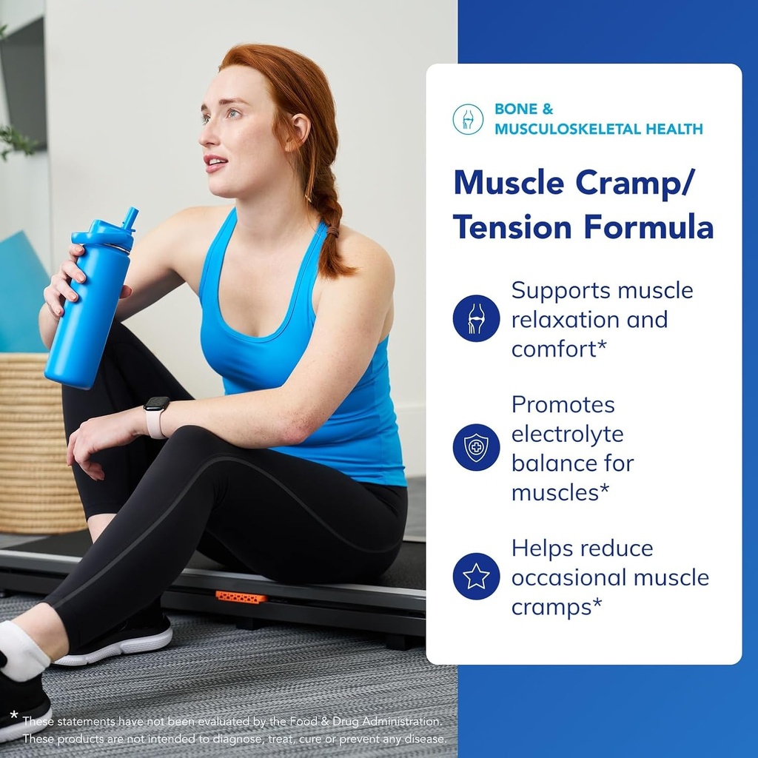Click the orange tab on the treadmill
tap(241, 597)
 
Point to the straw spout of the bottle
tap(130, 218)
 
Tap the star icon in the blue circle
tap(476, 576)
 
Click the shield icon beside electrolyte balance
tap(476, 447)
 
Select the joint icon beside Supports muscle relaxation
tap(476, 318)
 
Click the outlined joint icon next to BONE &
tap(468, 119)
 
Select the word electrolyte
tap(568, 434)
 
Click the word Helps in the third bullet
tap(546, 549)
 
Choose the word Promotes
tap(563, 404)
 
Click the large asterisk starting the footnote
tap(14, 715)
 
